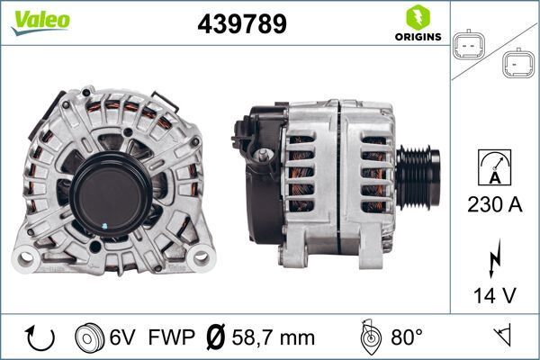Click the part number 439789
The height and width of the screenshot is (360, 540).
pos(241,24)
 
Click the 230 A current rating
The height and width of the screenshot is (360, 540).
pos(495,205)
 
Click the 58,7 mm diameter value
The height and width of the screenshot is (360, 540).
pos(274,337)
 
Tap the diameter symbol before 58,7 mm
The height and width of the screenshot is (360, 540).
pos(216,337)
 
